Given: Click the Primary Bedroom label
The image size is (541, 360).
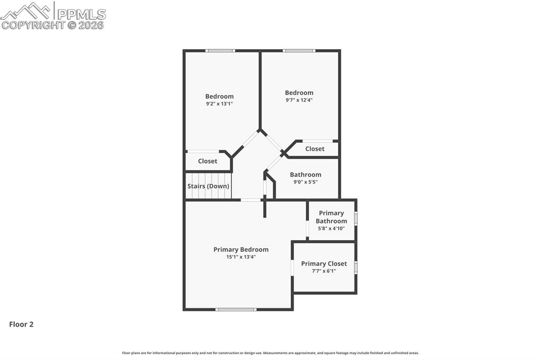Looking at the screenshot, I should coord(241,250).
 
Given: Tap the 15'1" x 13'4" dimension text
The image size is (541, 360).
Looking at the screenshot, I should coord(241,257).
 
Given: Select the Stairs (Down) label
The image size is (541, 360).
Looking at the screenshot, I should coord(208,186).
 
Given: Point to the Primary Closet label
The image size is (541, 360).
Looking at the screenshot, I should coord(324,264).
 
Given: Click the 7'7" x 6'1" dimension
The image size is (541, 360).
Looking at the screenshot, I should coord(324,271).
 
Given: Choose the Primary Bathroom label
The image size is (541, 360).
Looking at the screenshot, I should coord(331,217).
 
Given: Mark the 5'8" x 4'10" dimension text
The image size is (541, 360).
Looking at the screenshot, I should coord(331,229).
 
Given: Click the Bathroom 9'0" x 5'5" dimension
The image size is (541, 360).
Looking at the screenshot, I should coord(305,182).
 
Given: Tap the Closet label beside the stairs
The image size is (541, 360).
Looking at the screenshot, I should coord(208,162).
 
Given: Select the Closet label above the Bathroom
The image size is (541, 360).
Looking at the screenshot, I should coord(315,149).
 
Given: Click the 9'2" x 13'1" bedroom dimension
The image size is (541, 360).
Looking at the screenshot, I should coord(219,104).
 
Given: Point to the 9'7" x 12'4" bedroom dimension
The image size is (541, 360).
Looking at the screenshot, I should coord(299,100).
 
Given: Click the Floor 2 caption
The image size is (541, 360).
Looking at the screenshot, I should coord(21,325).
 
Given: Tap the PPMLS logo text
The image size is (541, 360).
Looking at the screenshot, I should coord(81,14).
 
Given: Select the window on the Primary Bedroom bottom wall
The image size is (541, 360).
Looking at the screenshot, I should coord(236,309).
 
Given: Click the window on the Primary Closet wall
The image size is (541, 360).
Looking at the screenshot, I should coord(356,267).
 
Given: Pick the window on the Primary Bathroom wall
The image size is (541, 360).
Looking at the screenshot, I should coord(356,219).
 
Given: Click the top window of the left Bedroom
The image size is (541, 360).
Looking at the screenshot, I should coord(220,51).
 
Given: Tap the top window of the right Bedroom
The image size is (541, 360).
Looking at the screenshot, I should coord(299,51).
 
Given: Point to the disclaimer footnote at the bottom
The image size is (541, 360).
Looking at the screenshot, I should coord(270,353).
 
